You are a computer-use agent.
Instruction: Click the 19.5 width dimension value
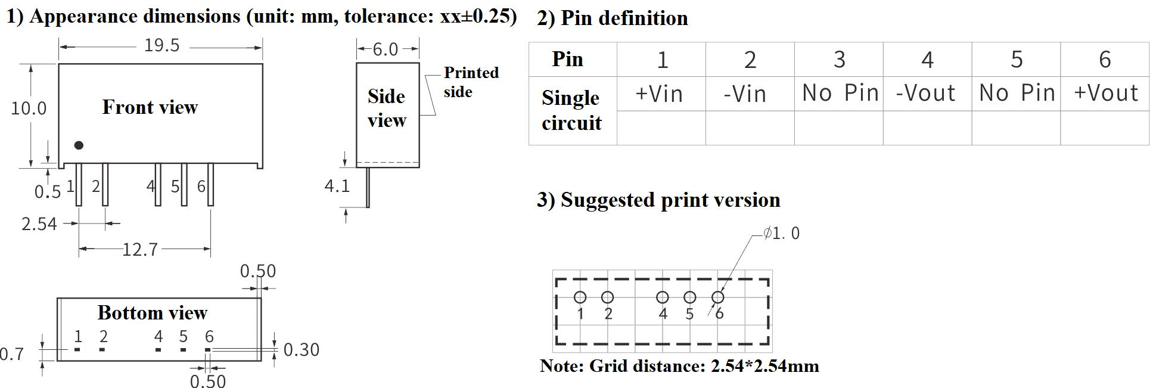[x=161, y=46]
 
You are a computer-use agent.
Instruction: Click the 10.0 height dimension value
[x=29, y=108]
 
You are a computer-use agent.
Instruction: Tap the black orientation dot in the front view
[x=79, y=145]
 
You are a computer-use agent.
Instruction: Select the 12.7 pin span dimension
[x=140, y=249]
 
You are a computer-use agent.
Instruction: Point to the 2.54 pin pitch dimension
[x=39, y=224]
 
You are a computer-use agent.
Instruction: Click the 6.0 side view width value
[x=385, y=49]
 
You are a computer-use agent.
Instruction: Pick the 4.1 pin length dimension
[x=337, y=187]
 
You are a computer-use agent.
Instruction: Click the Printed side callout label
[x=471, y=82]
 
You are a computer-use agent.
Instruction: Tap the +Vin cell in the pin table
[x=659, y=94]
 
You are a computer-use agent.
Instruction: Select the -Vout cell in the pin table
[x=927, y=93]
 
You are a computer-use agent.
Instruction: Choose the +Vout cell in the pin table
[x=1106, y=93]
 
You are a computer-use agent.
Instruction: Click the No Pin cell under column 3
[x=840, y=93]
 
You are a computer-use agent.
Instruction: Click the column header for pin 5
[x=1017, y=60]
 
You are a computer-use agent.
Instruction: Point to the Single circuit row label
[x=571, y=110]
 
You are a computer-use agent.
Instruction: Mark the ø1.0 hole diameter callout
[x=782, y=234]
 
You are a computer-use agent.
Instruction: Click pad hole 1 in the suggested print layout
[x=580, y=297]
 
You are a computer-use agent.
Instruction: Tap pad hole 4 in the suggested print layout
[x=662, y=297]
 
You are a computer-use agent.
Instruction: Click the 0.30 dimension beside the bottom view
[x=302, y=350]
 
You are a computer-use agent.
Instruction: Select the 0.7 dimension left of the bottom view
[x=12, y=355]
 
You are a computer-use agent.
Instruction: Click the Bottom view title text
[x=153, y=313]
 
